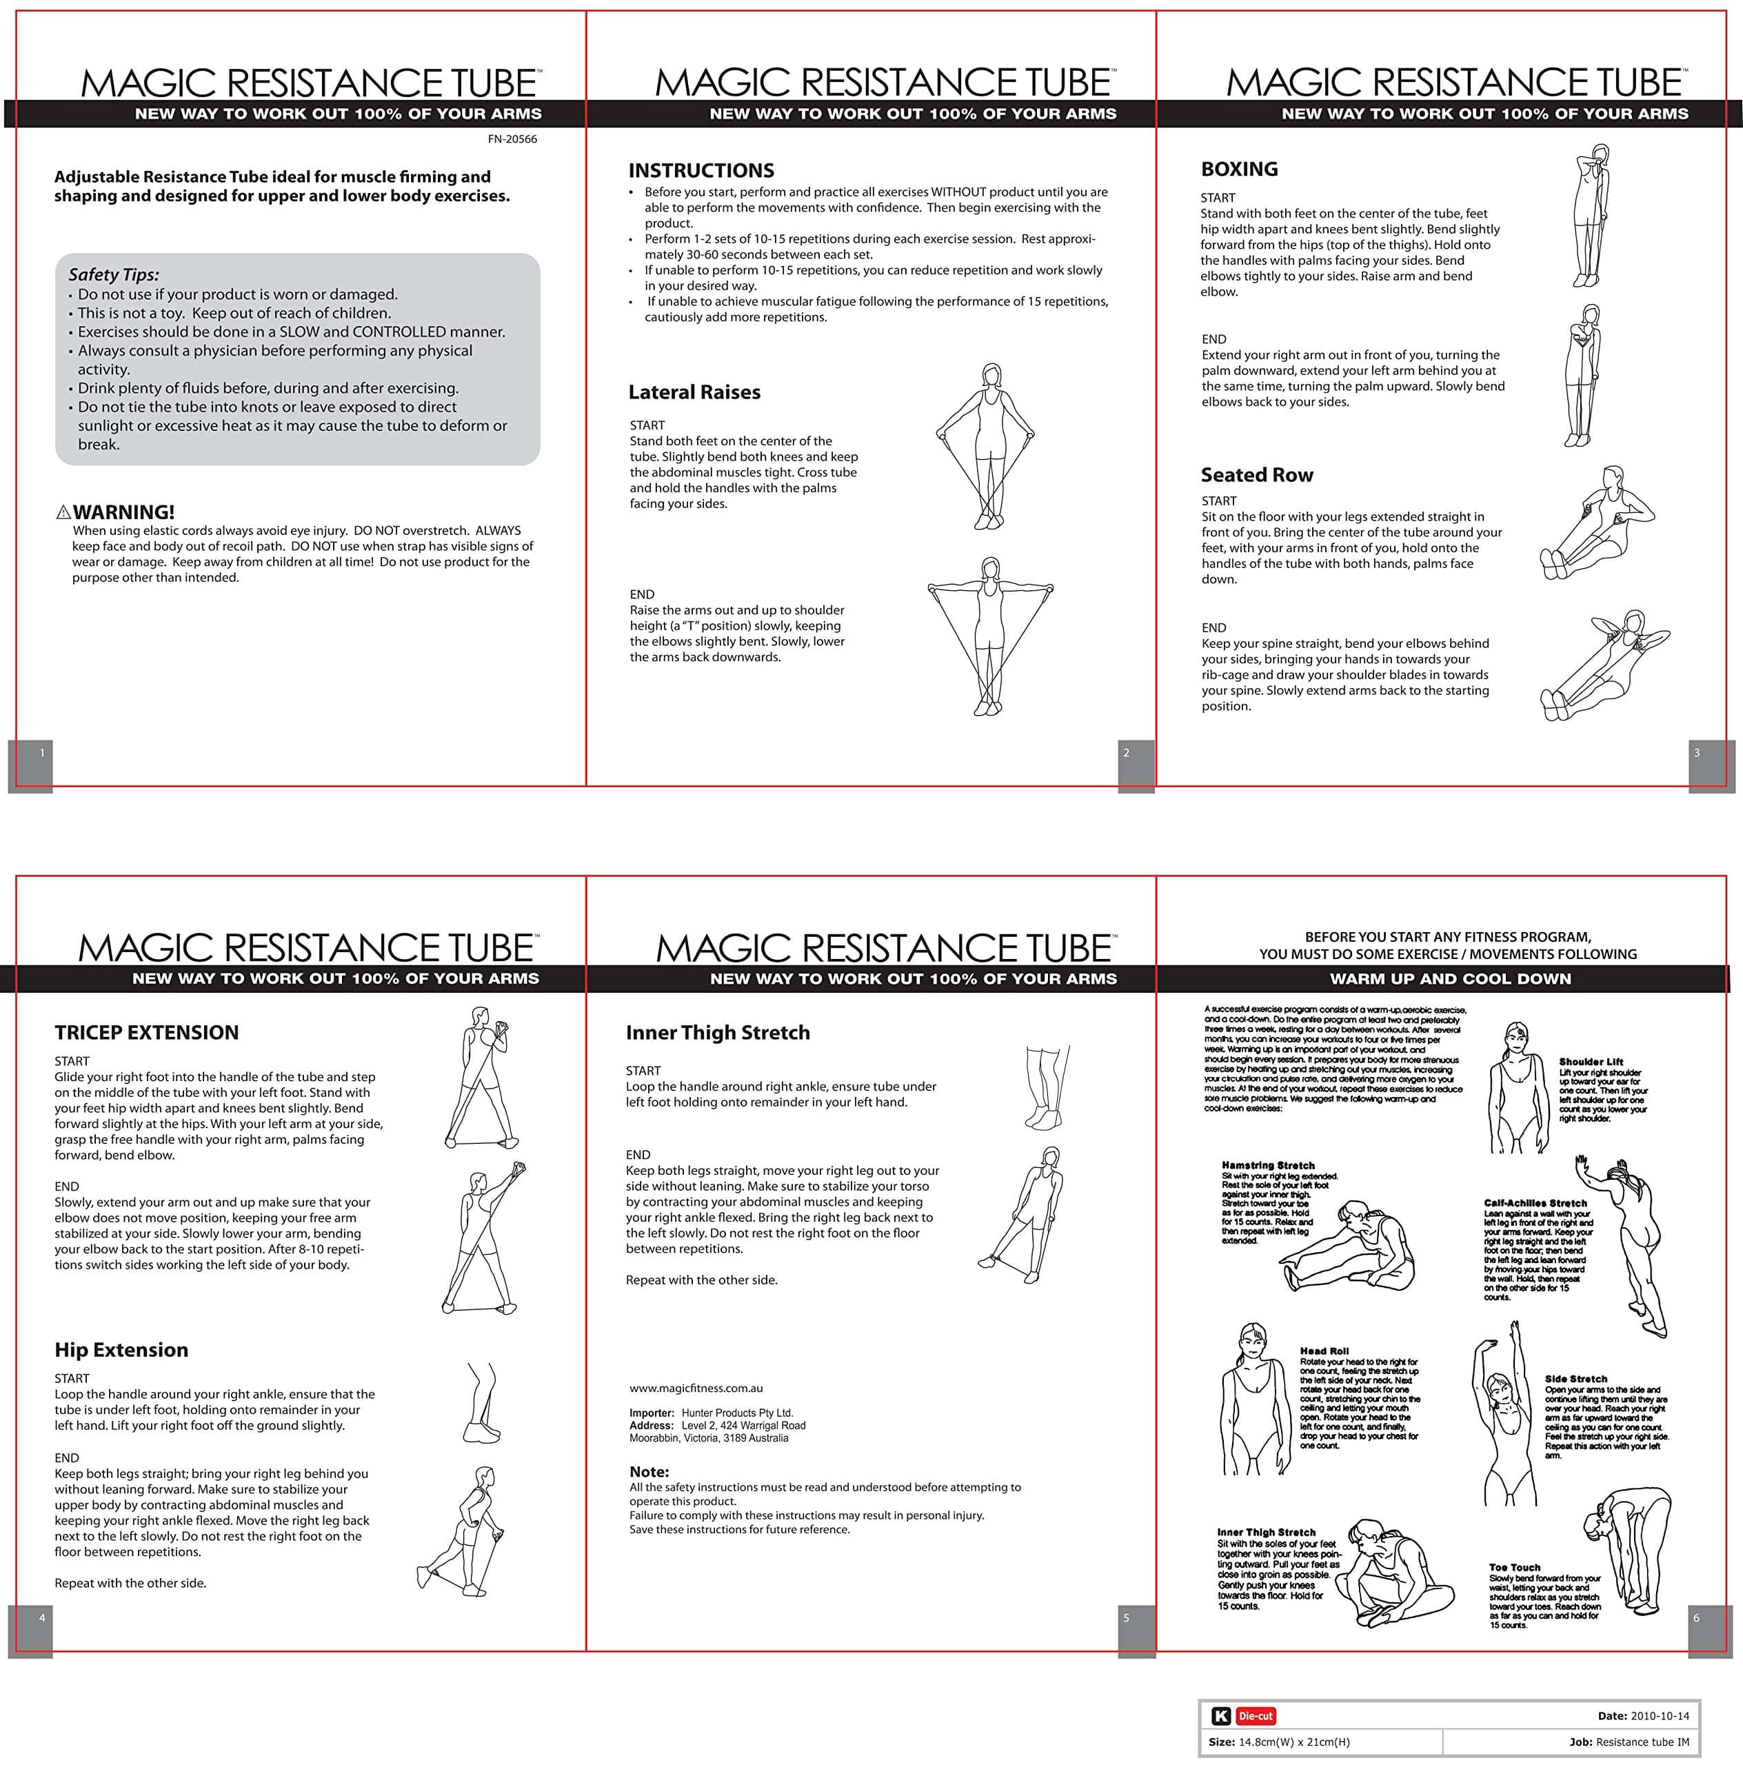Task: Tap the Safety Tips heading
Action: [113, 275]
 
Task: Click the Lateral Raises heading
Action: [694, 392]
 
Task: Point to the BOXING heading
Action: [1239, 169]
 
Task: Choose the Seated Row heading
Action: [1257, 475]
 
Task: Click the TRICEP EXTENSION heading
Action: [146, 1032]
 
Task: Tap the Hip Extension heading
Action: [121, 1349]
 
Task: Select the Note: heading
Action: [649, 1472]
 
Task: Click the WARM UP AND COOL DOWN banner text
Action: [1451, 978]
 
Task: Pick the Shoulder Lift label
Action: [1591, 1062]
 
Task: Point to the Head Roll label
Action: [1324, 1350]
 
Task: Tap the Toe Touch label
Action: [1515, 1566]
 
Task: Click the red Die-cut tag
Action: [1256, 1715]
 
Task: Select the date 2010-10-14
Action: [1659, 1715]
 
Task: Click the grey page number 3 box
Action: [1711, 765]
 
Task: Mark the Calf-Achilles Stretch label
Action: [1535, 1203]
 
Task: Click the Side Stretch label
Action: [1576, 1379]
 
